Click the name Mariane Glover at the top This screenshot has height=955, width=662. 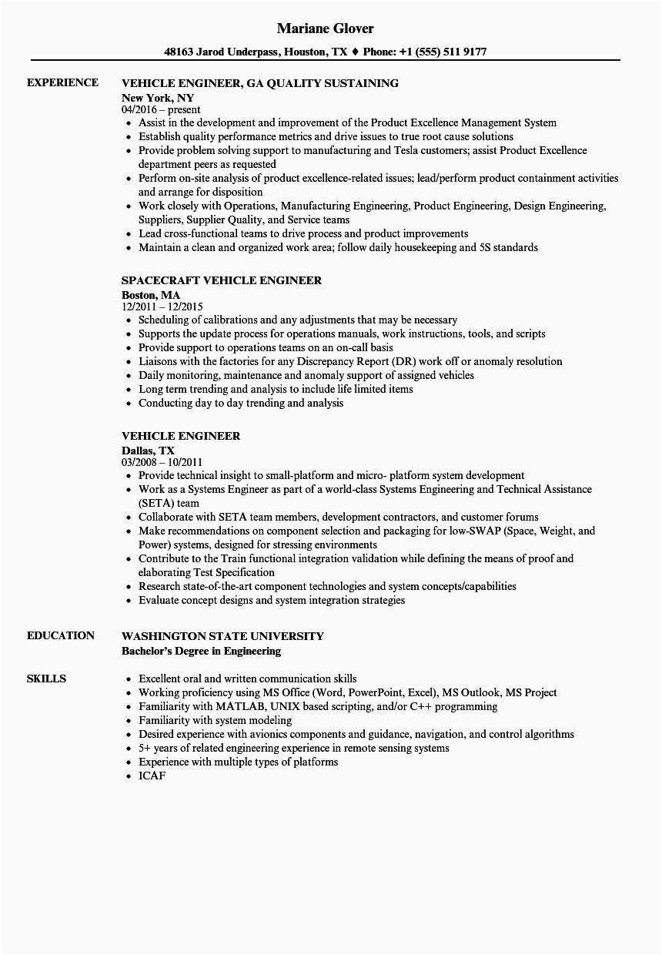(x=326, y=28)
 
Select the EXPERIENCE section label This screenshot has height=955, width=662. (x=62, y=82)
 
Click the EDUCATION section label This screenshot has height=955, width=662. (x=61, y=635)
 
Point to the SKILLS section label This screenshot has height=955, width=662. (x=46, y=679)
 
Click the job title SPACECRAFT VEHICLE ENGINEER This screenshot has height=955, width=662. (x=222, y=280)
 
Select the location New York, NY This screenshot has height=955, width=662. (x=158, y=98)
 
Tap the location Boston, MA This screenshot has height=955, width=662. (x=151, y=295)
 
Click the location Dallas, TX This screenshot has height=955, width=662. (x=149, y=451)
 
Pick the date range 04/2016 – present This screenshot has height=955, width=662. (x=161, y=110)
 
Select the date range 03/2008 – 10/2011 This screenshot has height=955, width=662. (x=162, y=463)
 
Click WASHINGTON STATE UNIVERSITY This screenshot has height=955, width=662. (x=222, y=636)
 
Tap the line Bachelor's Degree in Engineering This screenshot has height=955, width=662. (x=201, y=651)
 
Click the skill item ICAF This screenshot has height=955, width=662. (x=152, y=776)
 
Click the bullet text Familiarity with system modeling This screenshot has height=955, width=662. (x=215, y=720)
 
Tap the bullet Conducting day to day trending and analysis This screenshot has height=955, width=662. (x=241, y=403)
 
